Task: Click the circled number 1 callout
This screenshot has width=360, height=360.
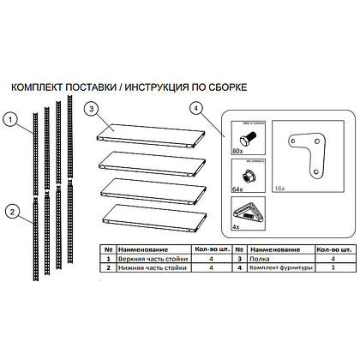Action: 9,120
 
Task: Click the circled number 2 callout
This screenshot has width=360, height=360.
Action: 9,211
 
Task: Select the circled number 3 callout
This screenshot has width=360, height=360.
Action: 91,109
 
